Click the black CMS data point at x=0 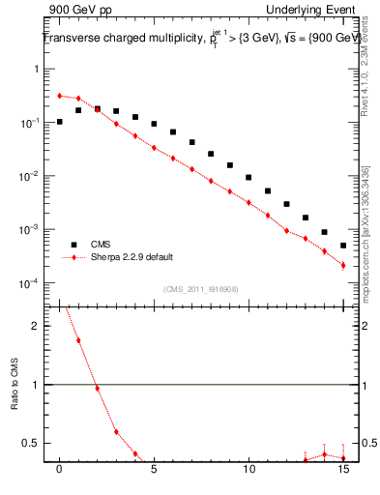60,122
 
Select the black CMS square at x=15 343,246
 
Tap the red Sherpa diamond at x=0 60,96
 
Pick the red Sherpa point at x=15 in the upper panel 343,265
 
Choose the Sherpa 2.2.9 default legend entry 119,258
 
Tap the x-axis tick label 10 248,471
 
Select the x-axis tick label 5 154,471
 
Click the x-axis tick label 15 342,471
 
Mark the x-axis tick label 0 60,471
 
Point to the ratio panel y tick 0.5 37,443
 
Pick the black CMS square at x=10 248,177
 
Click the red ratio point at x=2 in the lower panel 98,389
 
